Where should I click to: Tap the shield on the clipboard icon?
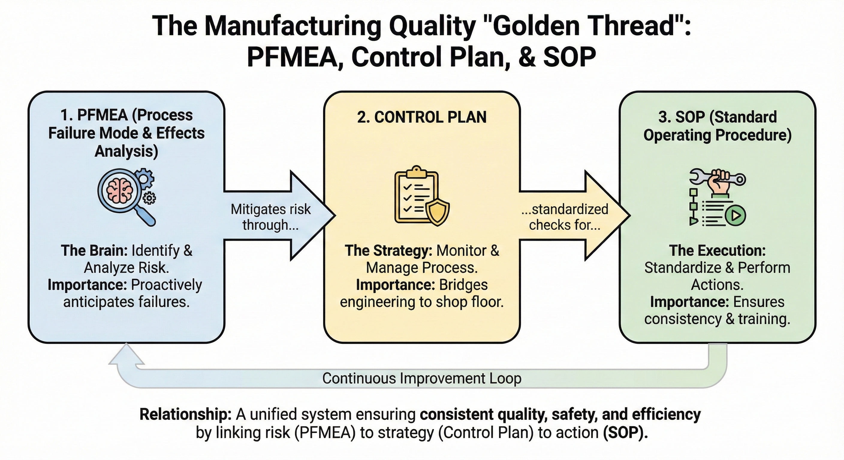(x=437, y=213)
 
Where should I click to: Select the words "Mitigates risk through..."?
(x=270, y=217)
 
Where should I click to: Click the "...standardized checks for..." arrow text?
(x=565, y=217)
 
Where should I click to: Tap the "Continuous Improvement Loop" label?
(x=422, y=379)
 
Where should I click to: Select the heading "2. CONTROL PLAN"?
(x=422, y=117)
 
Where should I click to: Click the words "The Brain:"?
(x=94, y=251)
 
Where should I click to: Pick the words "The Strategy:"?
(x=388, y=251)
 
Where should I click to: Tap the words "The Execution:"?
(x=717, y=251)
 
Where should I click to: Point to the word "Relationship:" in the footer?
(x=186, y=414)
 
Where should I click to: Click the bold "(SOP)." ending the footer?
(x=626, y=433)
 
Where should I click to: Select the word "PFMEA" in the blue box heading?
(x=102, y=115)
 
